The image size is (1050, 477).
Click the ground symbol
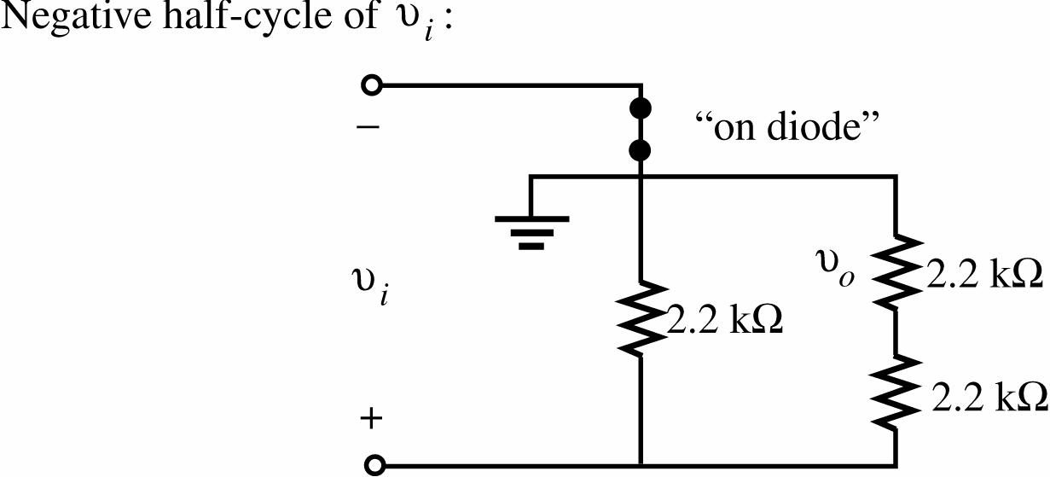pyautogui.click(x=531, y=230)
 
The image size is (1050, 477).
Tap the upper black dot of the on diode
pyautogui.click(x=640, y=109)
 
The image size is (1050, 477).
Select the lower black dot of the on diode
pyautogui.click(x=640, y=151)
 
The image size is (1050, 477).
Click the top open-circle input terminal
pyautogui.click(x=372, y=85)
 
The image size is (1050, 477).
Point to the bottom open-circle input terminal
pyautogui.click(x=373, y=465)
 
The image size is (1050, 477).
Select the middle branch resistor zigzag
pyautogui.click(x=640, y=317)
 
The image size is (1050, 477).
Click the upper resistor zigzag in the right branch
pyautogui.click(x=895, y=272)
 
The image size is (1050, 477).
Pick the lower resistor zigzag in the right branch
pyautogui.click(x=895, y=393)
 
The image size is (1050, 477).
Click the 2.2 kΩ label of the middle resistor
pyautogui.click(x=724, y=323)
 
